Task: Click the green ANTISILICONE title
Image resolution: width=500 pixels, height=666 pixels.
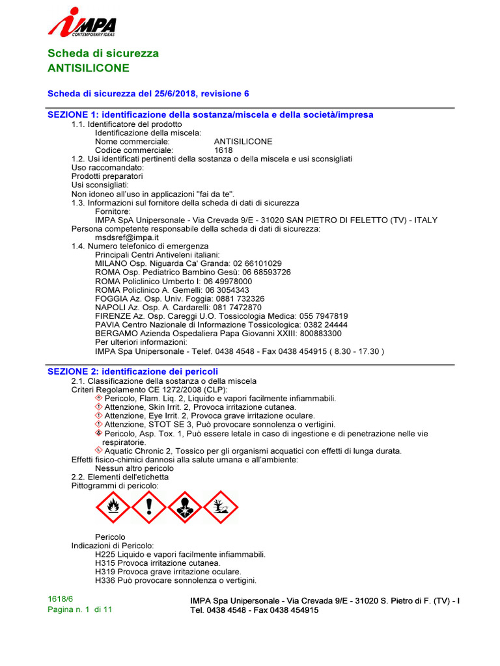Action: pyautogui.click(x=89, y=68)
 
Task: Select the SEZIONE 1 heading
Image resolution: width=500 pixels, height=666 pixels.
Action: pyautogui.click(x=210, y=114)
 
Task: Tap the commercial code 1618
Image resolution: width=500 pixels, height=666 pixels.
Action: pyautogui.click(x=223, y=150)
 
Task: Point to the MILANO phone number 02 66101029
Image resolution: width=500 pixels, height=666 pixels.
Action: pyautogui.click(x=257, y=263)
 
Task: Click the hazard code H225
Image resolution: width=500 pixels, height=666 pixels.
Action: pyautogui.click(x=105, y=554)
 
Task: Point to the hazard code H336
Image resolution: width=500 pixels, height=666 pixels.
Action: pyautogui.click(x=105, y=580)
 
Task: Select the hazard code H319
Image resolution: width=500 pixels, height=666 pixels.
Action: pyautogui.click(x=105, y=572)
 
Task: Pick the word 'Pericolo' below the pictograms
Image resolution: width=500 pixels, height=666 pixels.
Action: pyautogui.click(x=110, y=537)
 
